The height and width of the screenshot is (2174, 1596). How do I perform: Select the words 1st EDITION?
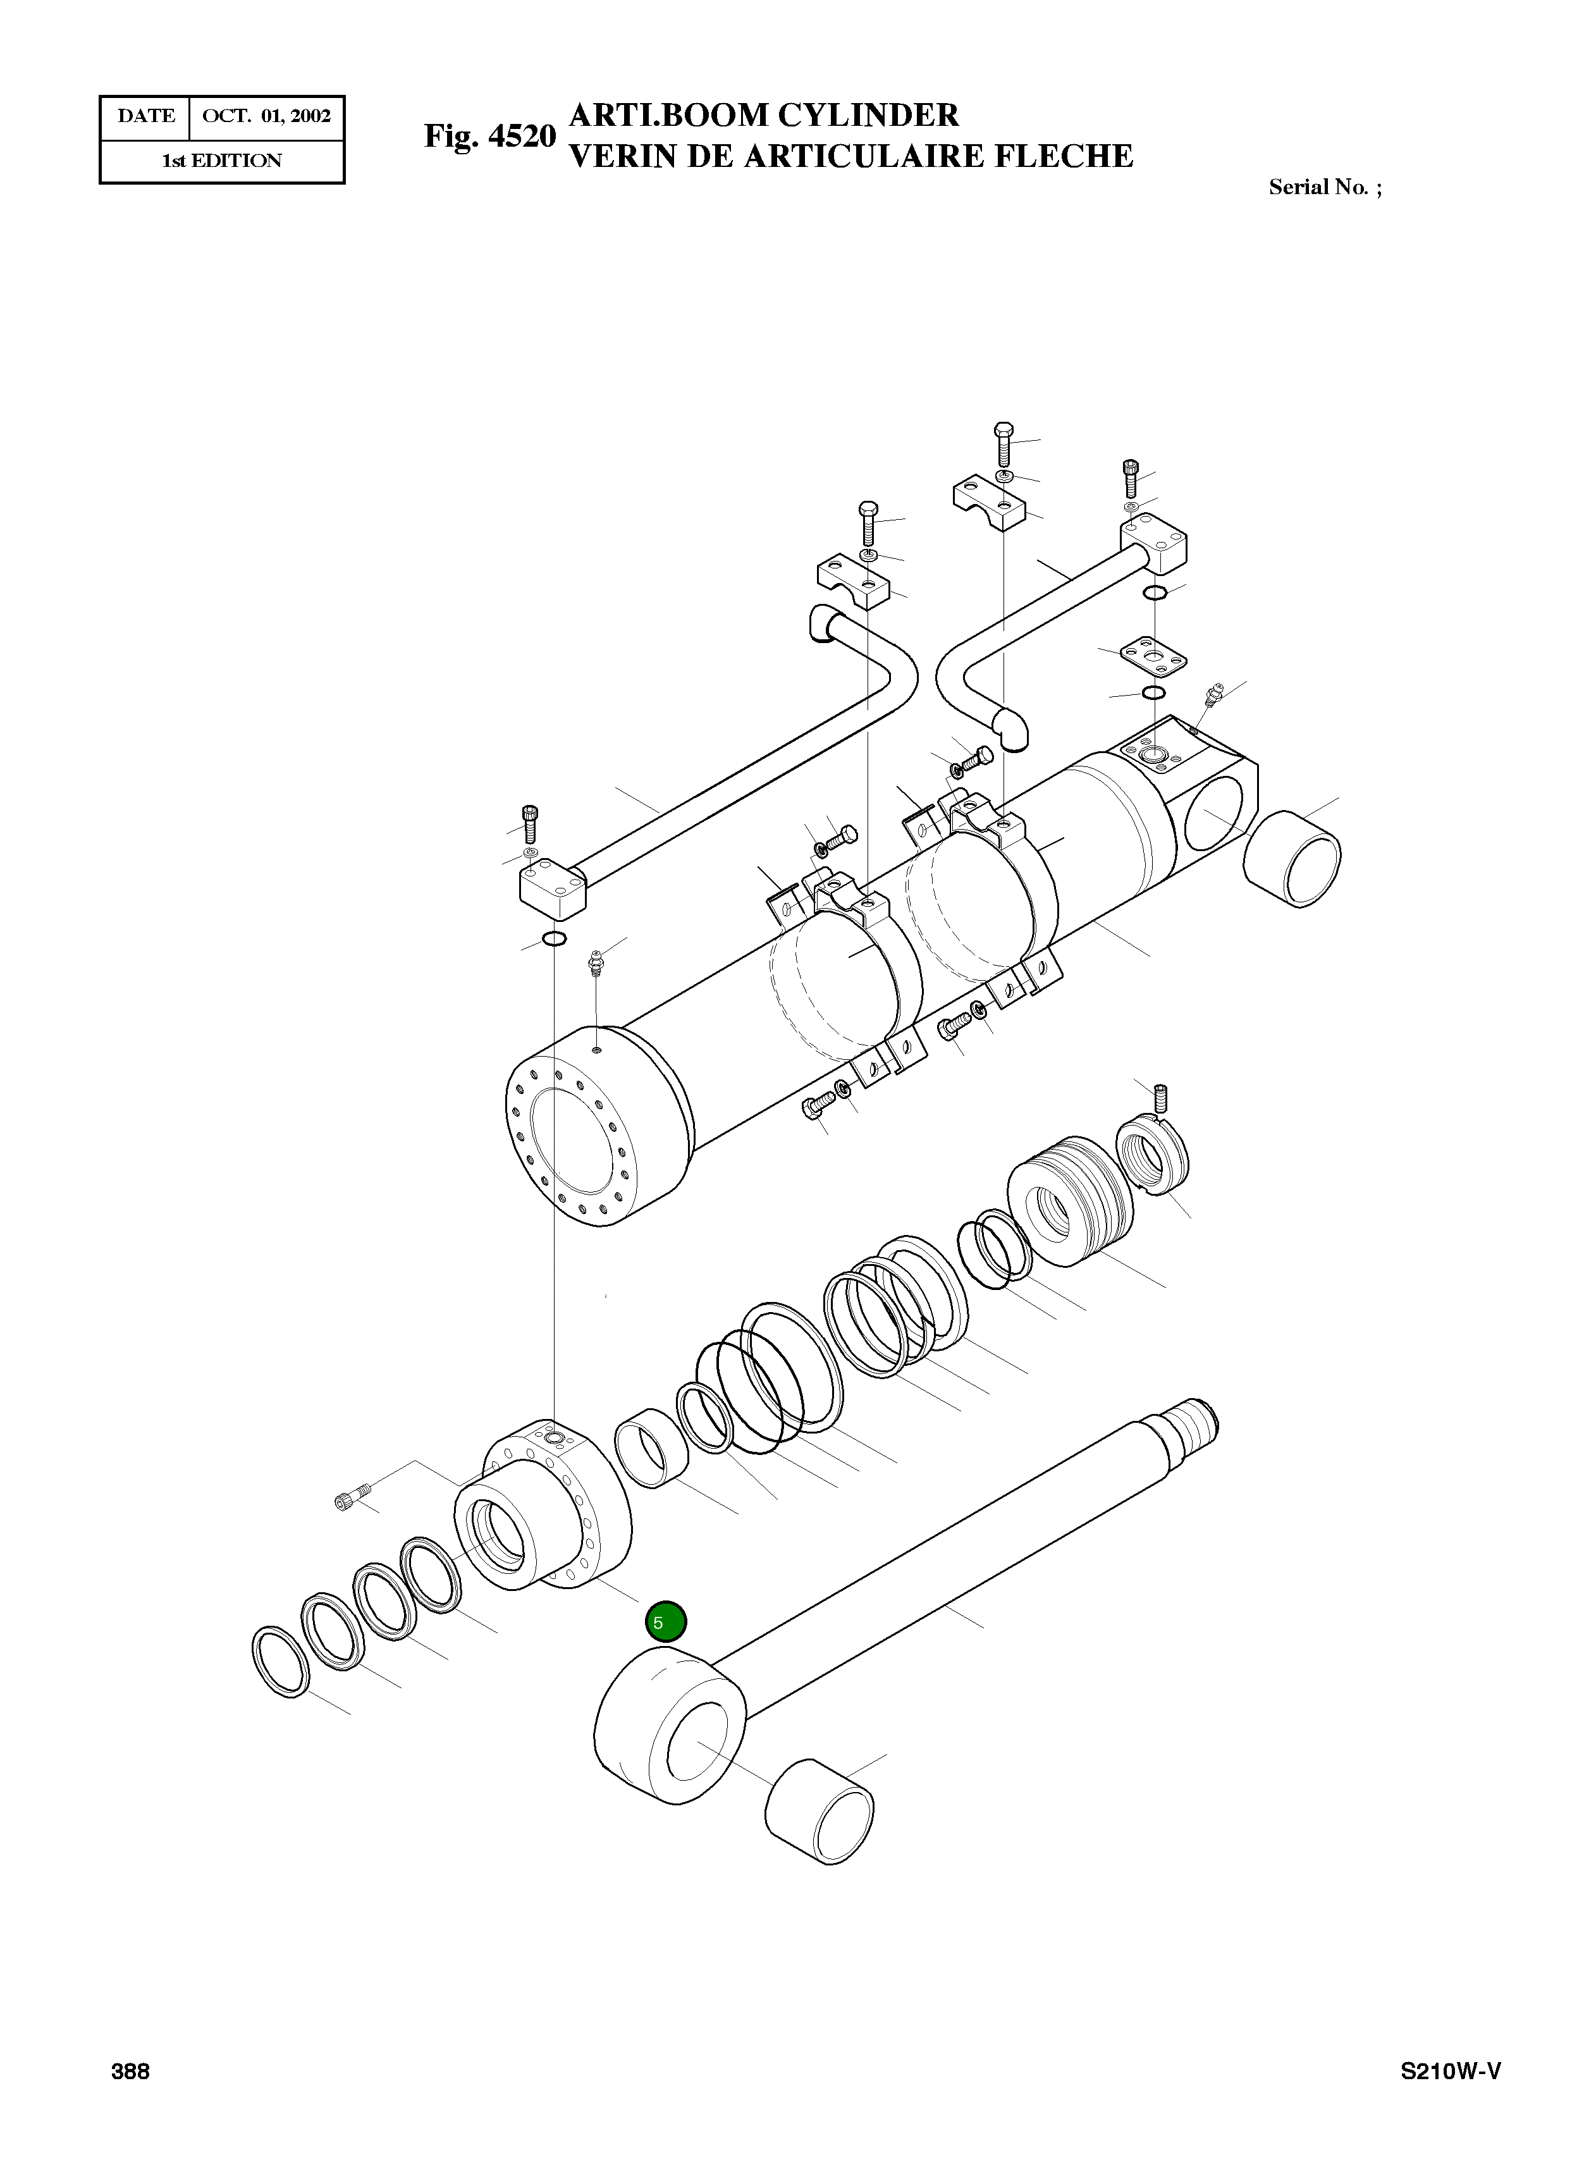[221, 161]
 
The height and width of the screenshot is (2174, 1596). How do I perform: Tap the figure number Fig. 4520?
[490, 136]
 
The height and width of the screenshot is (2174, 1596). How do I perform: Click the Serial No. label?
[1323, 187]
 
